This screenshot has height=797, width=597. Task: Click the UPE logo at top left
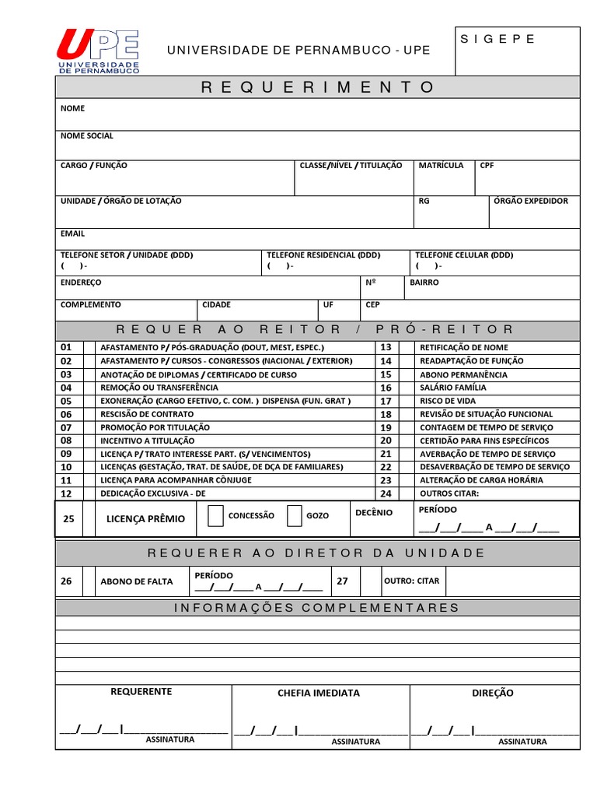tap(97, 51)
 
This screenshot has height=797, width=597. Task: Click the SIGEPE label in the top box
tap(498, 39)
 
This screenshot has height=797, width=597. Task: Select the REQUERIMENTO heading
tap(317, 87)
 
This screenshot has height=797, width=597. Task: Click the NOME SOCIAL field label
tap(87, 135)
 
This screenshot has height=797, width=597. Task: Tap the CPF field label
tap(487, 165)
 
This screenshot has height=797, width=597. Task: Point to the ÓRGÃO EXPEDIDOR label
tap(531, 201)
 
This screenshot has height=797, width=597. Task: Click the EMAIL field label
tap(73, 233)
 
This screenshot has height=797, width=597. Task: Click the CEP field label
tap(372, 305)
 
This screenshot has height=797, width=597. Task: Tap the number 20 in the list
tap(386, 441)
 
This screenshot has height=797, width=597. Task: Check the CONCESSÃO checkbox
tap(215, 515)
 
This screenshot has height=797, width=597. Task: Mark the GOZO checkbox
tap(294, 515)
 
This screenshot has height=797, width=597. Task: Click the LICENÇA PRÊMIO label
tap(145, 519)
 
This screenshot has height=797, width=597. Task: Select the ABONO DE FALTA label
tap(137, 581)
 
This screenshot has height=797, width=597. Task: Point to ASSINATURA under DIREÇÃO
tap(522, 742)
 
